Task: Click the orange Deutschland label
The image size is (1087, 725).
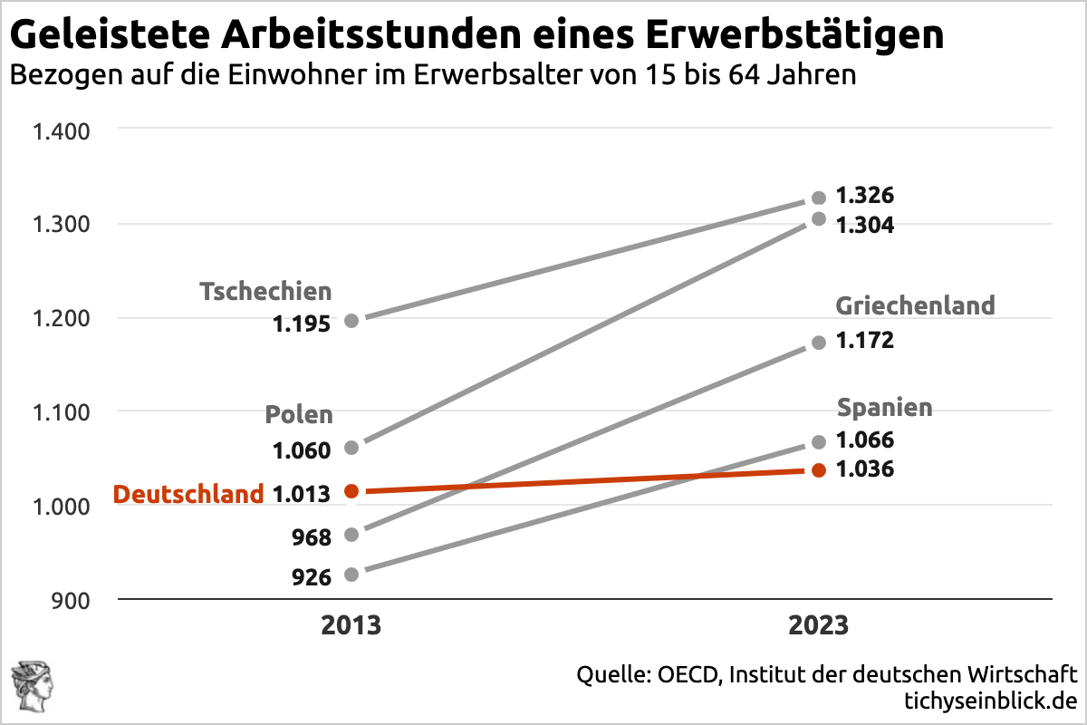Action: (188, 494)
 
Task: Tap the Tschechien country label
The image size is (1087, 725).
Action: (265, 292)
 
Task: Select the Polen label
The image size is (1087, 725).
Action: (299, 415)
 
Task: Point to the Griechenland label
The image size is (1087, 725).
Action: (915, 305)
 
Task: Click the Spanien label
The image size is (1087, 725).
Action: (884, 408)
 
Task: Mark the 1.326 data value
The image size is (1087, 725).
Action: (864, 196)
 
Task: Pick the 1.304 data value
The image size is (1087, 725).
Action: (864, 226)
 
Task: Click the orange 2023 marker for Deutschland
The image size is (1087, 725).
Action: (819, 469)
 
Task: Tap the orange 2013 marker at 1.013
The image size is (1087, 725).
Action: (351, 491)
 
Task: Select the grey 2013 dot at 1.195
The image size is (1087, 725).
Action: (351, 320)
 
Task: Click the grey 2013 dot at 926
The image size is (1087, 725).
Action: (351, 574)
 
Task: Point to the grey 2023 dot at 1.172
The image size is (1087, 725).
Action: (819, 343)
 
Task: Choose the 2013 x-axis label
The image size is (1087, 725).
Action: (351, 626)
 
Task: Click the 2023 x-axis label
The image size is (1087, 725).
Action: (818, 626)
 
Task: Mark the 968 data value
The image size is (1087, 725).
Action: (312, 536)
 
